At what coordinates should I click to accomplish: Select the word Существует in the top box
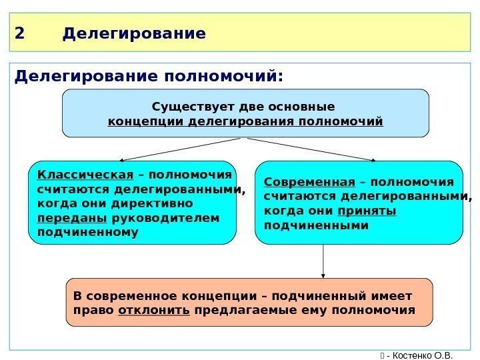tap(185, 107)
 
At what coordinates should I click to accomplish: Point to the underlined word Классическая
tap(85, 175)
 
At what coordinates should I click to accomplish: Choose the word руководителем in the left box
tap(165, 218)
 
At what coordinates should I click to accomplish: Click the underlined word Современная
tap(309, 182)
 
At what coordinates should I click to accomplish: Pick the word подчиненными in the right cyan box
tap(316, 226)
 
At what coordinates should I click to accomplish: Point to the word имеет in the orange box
tap(394, 295)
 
